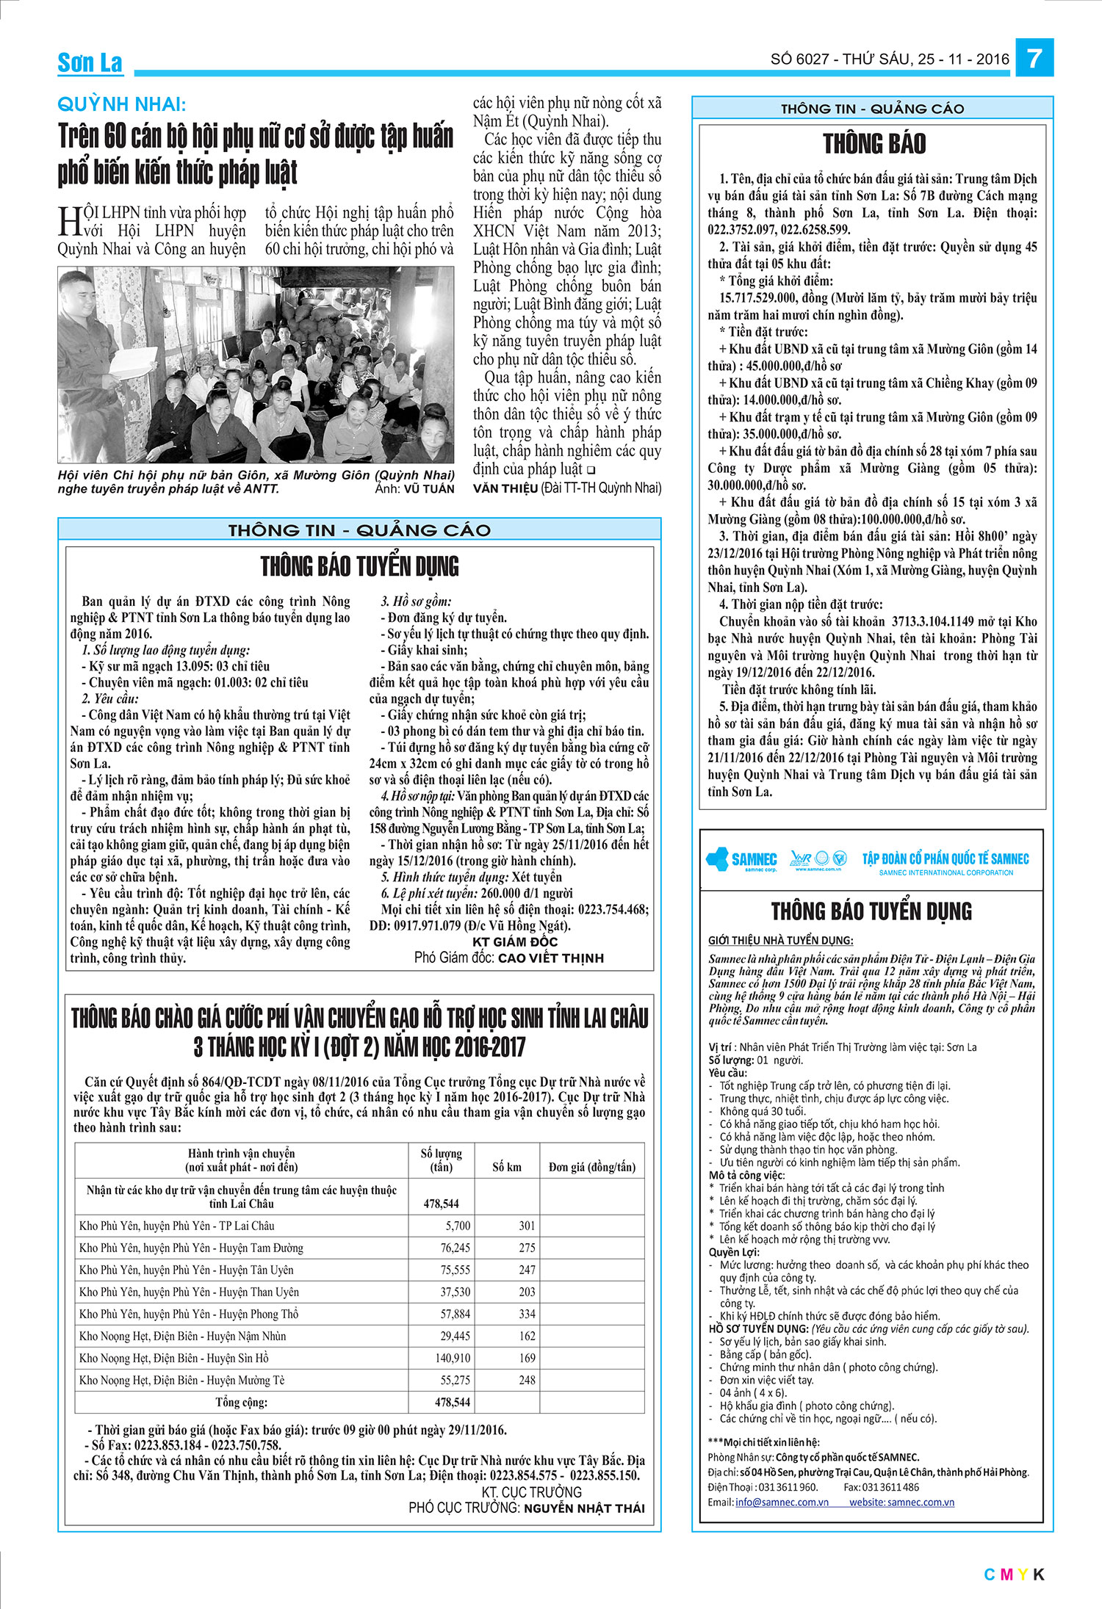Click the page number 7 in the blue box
click(1034, 58)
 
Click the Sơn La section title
click(90, 63)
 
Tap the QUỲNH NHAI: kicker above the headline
click(122, 104)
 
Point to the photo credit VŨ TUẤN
click(429, 489)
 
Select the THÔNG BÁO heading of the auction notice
click(874, 144)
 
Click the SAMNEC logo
click(741, 859)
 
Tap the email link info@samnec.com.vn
click(782, 1502)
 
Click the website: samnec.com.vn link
click(901, 1502)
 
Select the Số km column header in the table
click(507, 1167)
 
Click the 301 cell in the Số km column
click(527, 1226)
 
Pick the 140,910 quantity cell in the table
click(453, 1358)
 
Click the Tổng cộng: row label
click(241, 1402)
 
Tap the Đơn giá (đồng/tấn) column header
click(592, 1167)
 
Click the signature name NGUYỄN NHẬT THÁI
click(584, 1508)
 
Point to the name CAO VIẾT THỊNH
click(550, 958)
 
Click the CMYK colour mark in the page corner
click(1014, 1574)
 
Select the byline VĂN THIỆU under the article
click(505, 488)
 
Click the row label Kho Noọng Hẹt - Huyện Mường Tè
click(182, 1380)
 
